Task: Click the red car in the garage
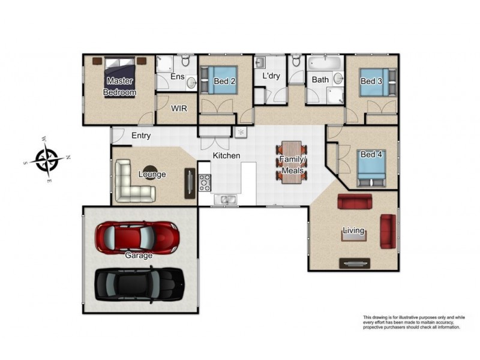(x=137, y=238)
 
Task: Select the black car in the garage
(x=140, y=284)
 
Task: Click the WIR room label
(x=179, y=109)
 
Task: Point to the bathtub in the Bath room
(x=324, y=63)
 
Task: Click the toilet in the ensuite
(x=185, y=61)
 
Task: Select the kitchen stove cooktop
(x=205, y=182)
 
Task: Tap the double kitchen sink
(x=225, y=199)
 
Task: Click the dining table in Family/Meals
(x=292, y=162)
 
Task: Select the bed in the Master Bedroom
(x=119, y=77)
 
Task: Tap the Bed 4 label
(x=371, y=154)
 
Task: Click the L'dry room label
(x=271, y=76)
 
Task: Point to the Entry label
(x=141, y=136)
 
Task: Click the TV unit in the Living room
(x=355, y=263)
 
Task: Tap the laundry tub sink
(x=260, y=62)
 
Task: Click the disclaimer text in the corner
(x=414, y=322)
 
